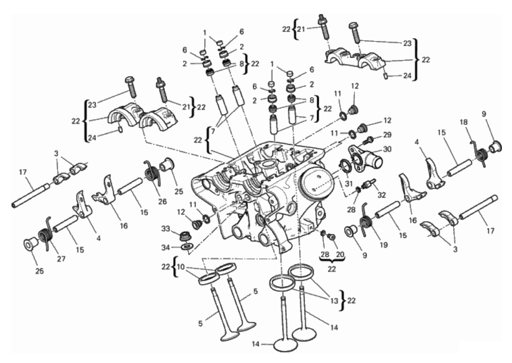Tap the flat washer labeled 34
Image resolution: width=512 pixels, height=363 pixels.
pyautogui.click(x=187, y=247)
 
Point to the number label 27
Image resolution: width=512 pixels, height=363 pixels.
pyautogui.click(x=61, y=258)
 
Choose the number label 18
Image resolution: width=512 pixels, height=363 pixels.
pyautogui.click(x=463, y=122)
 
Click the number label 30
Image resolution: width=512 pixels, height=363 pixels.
pyautogui.click(x=387, y=149)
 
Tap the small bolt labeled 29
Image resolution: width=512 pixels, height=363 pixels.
pyautogui.click(x=367, y=140)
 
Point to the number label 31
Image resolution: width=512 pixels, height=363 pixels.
pyautogui.click(x=348, y=184)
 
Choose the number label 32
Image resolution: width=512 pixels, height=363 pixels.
pyautogui.click(x=381, y=195)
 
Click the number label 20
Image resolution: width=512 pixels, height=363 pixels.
pyautogui.click(x=340, y=254)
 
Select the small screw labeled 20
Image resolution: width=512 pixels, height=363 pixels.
pyautogui.click(x=331, y=237)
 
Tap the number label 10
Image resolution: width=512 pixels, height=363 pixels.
pyautogui.click(x=181, y=267)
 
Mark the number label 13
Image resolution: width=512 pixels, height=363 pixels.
pyautogui.click(x=334, y=301)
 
